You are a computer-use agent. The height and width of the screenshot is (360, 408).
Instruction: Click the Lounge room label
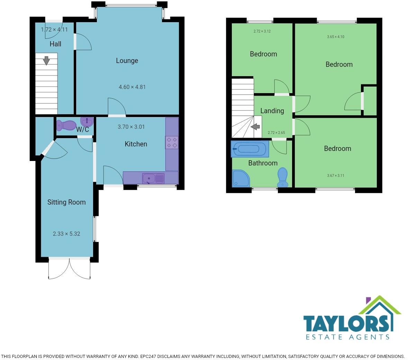coord(127,61)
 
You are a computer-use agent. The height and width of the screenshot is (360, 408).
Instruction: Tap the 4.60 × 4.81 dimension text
coord(132,87)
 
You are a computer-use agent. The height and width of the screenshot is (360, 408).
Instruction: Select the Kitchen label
coord(136,144)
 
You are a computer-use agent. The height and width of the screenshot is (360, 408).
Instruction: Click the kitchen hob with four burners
coord(172,143)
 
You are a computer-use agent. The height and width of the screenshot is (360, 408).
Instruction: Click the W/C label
coord(82,129)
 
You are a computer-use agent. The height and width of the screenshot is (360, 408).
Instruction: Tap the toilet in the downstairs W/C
coord(66,125)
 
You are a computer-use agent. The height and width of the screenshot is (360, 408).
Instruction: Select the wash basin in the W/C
coord(87,121)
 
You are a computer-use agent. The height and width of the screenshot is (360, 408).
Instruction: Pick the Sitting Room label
coord(66,202)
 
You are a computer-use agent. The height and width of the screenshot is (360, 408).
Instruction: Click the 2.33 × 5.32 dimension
coord(66,234)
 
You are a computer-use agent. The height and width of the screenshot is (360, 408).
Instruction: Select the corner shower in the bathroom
coord(241,178)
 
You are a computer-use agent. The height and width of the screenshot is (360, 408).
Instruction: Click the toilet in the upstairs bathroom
coord(283,177)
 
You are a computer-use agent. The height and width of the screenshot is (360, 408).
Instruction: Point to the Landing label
coord(272,111)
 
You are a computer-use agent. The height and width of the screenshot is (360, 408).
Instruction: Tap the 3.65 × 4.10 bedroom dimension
coord(336,37)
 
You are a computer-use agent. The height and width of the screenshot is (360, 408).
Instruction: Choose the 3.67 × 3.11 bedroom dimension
coord(336,175)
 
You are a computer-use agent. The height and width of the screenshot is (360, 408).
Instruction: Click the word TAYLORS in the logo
coord(346,324)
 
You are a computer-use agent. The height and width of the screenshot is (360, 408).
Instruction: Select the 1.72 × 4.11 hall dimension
coord(54,29)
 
